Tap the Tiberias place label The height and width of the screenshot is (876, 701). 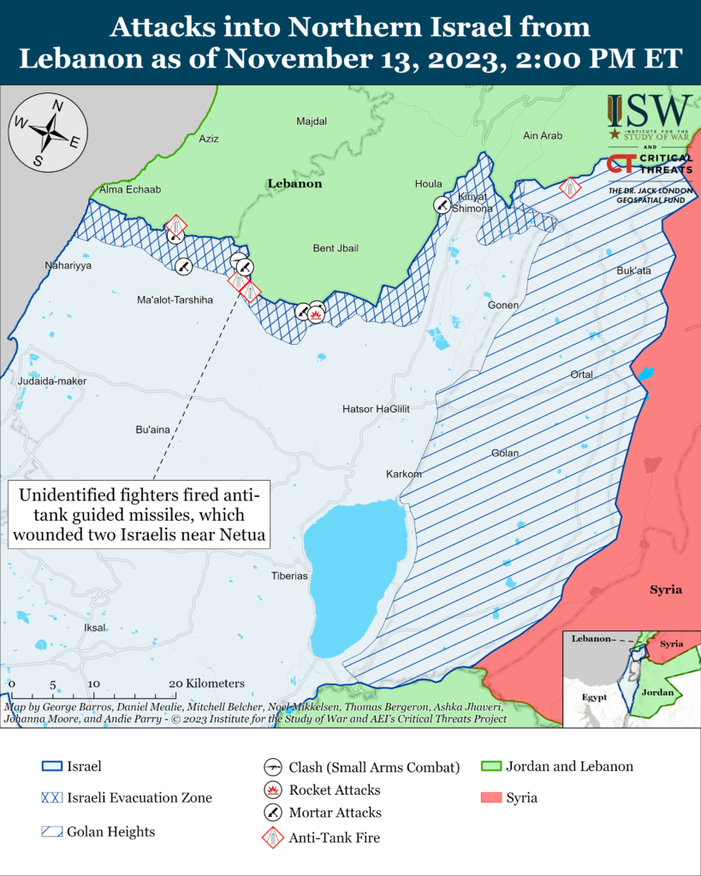click(288, 576)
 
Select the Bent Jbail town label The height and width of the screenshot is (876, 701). click(335, 248)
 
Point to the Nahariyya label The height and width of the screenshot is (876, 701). click(68, 266)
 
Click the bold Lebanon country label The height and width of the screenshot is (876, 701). click(294, 183)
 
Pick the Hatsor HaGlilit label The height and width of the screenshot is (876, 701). click(376, 409)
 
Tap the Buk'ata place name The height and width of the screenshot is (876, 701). click(634, 270)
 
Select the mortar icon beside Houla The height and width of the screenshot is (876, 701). click(442, 205)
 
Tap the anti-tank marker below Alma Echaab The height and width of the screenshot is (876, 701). click(175, 228)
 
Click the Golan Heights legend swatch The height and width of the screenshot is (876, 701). click(51, 832)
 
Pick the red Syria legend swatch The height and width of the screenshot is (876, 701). click(491, 797)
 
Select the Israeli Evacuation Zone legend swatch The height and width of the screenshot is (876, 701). click(51, 797)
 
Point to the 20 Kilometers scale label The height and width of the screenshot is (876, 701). click(206, 684)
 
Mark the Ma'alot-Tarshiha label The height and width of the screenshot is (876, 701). click(175, 300)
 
